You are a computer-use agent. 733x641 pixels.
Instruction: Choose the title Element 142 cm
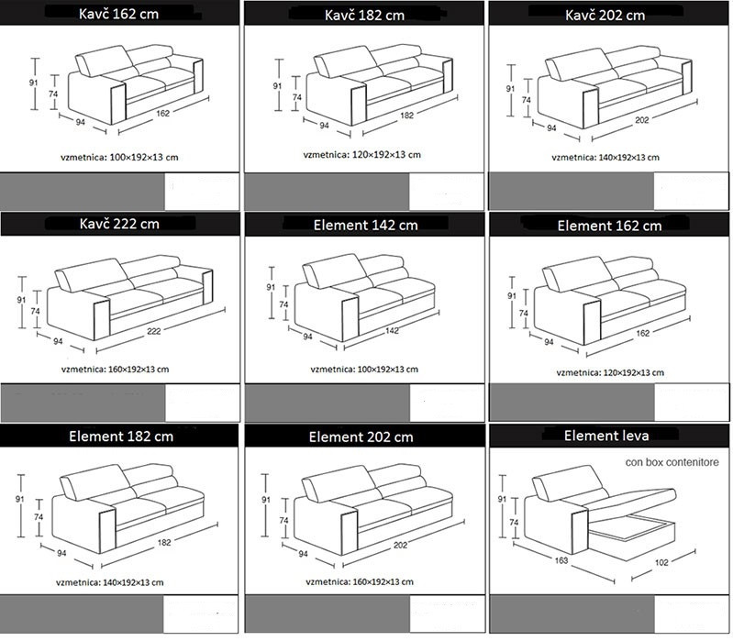tap(364, 225)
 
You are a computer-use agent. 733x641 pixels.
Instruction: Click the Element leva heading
tap(607, 436)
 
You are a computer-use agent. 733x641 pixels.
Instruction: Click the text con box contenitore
tap(672, 462)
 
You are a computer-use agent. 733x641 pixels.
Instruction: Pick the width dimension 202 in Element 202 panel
tap(395, 544)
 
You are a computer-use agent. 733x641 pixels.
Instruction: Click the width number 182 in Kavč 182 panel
tap(406, 116)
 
